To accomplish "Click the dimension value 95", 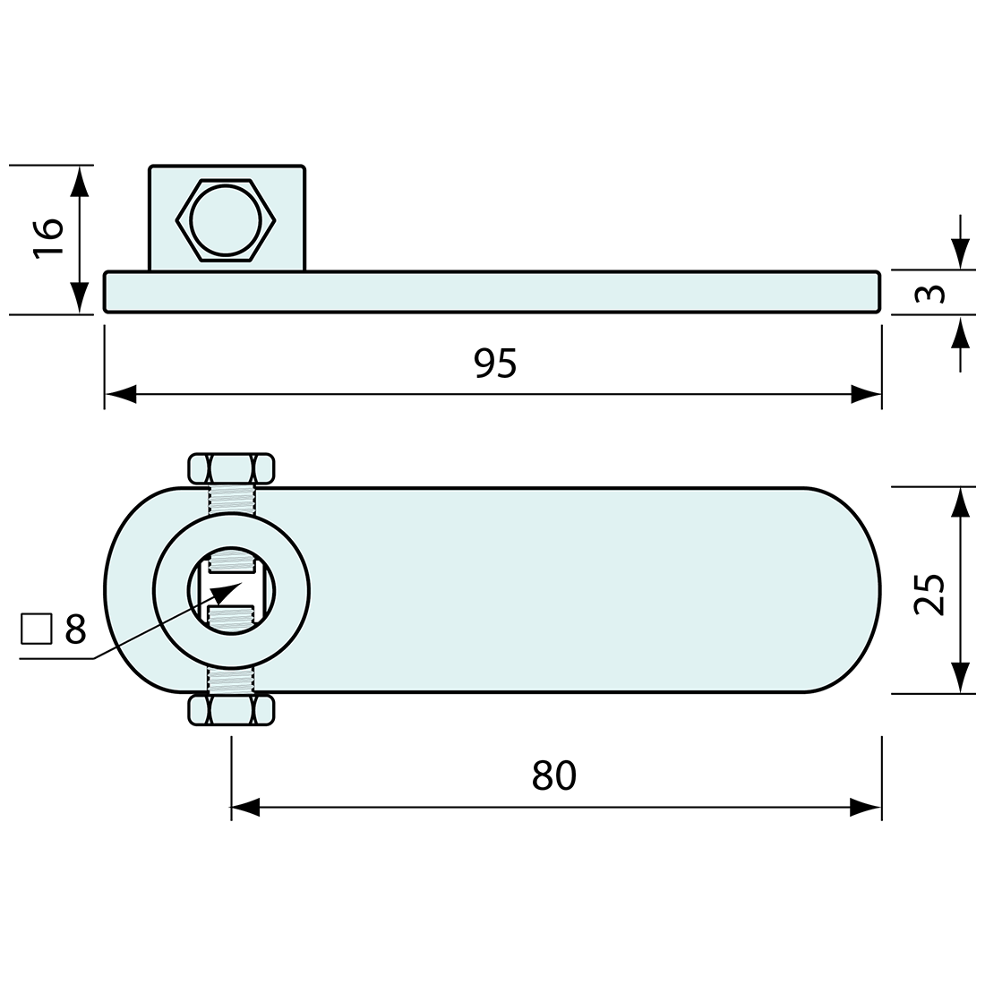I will [x=495, y=363].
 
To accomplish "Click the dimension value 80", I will [x=553, y=775].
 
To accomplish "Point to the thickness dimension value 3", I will [x=931, y=293].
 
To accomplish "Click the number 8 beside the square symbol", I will [x=75, y=630].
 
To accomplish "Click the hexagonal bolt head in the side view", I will [x=226, y=220].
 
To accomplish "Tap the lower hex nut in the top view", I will [x=230, y=710].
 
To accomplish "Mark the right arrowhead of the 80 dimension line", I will [x=866, y=808].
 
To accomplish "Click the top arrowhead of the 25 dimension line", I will [x=961, y=501].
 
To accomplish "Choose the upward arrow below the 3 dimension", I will [x=961, y=333].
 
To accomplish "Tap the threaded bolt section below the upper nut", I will [x=231, y=499].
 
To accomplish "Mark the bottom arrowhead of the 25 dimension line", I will [x=961, y=678].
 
